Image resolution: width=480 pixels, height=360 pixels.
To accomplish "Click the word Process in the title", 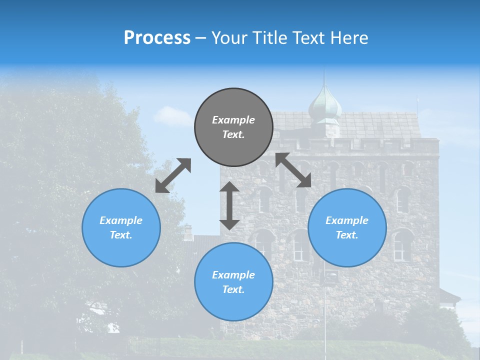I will tap(157, 38).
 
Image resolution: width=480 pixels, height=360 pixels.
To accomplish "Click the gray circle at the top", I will tap(233, 127).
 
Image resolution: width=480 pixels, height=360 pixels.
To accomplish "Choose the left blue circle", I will tap(121, 227).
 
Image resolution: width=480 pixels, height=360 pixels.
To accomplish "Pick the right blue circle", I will tap(347, 227).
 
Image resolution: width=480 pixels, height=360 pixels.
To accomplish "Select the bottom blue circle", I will tap(233, 282).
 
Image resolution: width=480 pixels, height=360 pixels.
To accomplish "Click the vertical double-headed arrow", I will tap(229, 205).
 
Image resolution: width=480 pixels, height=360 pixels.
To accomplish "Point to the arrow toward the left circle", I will tap(173, 175).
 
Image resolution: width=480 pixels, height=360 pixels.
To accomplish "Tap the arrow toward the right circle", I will tap(293, 170).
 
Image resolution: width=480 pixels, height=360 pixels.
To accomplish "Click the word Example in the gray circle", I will tap(233, 120).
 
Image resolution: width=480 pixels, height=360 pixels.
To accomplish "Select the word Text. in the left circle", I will tap(121, 235).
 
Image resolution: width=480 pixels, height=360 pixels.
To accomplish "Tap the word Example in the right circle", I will tap(347, 220).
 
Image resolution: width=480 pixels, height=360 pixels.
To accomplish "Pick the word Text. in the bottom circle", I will tap(233, 289).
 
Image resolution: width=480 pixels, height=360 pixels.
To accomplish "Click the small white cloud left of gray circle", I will tap(172, 116).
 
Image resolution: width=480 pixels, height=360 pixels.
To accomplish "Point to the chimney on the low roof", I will tap(188, 232).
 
